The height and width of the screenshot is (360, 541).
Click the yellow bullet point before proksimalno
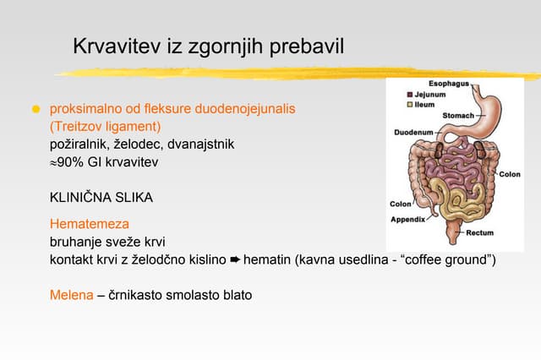click(36, 111)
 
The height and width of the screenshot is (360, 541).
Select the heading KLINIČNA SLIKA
click(101, 198)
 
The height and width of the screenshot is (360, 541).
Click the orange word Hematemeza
click(89, 225)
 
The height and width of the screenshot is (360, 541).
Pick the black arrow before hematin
click(235, 259)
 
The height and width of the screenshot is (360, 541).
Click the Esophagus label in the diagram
click(448, 85)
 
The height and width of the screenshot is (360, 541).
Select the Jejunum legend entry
click(429, 95)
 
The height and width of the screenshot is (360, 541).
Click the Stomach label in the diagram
click(458, 115)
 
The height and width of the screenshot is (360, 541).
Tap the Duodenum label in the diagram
click(413, 133)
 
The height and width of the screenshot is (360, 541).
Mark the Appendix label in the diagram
click(409, 219)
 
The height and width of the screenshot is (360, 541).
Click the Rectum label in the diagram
click(479, 232)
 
